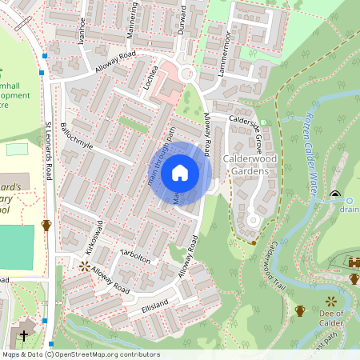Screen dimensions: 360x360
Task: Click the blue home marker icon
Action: point(180,173)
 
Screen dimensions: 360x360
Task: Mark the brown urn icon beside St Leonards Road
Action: point(46,225)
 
